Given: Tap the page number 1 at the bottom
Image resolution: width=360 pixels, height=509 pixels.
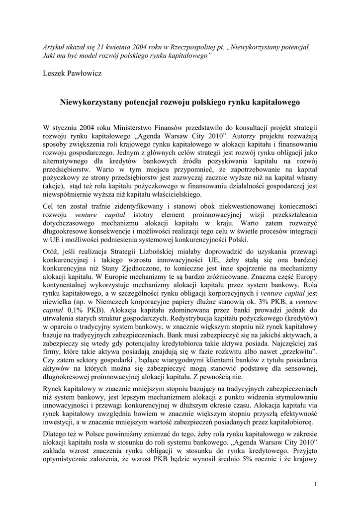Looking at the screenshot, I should [316, 484].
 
